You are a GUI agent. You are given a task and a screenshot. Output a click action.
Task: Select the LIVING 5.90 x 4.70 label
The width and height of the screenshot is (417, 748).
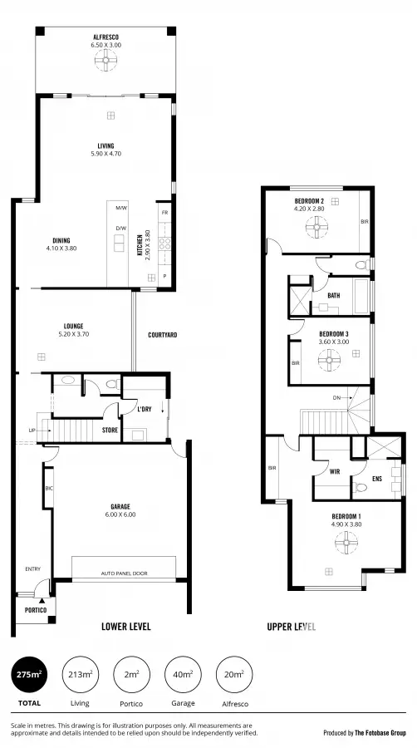105,150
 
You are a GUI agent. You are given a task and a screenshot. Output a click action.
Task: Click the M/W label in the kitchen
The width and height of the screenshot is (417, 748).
120,208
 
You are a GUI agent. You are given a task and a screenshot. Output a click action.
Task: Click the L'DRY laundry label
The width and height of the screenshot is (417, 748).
145,408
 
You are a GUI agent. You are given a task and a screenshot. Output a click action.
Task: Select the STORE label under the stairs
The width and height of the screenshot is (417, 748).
110,430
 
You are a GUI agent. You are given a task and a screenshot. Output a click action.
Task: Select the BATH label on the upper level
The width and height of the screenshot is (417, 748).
333,296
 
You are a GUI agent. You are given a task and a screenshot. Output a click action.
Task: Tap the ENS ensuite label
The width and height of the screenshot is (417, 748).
377,479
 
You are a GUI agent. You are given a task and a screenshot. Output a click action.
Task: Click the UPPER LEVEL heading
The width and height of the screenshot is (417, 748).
291,627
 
